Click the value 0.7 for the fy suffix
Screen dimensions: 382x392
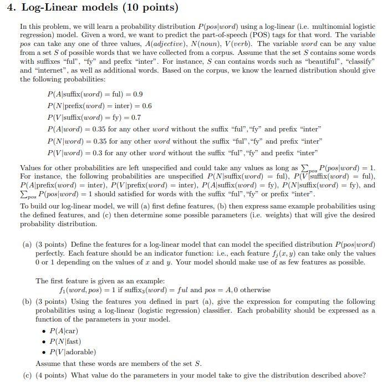[x=135, y=118]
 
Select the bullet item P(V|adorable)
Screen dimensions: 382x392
[x=73, y=352]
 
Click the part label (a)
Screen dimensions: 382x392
[x=27, y=245]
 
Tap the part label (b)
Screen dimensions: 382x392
[x=27, y=302]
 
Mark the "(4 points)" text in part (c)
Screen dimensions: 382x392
[x=53, y=375]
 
